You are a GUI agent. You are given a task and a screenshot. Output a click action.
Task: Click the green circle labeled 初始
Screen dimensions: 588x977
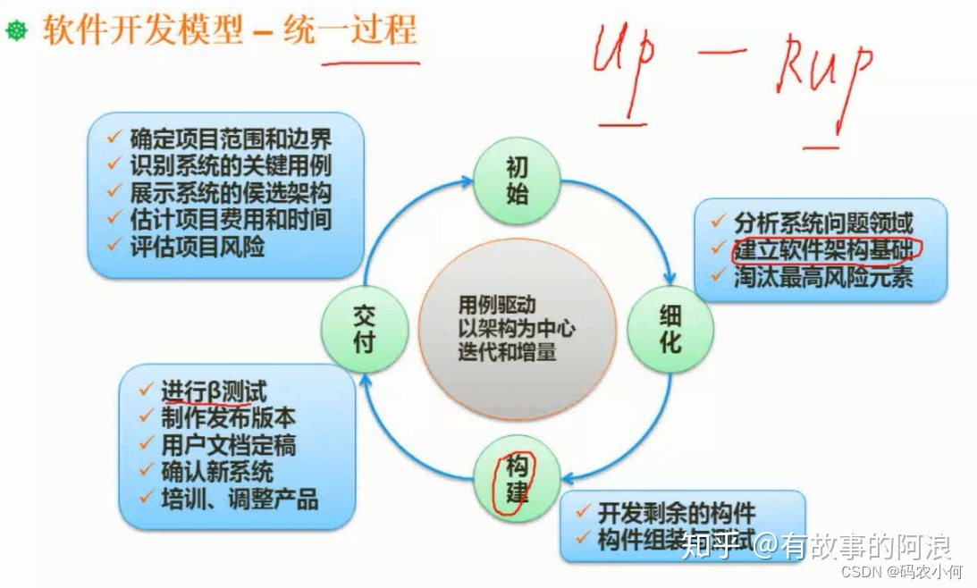517,181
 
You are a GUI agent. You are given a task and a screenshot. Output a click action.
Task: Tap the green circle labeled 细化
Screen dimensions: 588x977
670,328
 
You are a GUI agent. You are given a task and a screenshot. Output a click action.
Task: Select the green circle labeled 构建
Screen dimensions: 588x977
517,479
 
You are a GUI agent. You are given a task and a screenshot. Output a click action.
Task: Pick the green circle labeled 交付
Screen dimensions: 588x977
364,328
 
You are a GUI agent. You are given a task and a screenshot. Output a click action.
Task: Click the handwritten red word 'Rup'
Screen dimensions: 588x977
822,71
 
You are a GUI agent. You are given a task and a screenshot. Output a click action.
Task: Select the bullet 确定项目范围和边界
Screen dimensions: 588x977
230,139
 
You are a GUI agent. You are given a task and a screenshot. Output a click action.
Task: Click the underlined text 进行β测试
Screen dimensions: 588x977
215,391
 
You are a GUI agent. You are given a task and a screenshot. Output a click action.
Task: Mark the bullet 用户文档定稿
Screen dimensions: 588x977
228,444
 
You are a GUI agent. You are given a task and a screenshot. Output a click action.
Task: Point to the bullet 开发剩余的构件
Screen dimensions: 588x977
677,513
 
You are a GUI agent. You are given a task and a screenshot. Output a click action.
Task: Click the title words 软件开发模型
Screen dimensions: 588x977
142,31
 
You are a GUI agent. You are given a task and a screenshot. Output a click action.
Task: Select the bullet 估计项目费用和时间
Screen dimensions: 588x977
230,218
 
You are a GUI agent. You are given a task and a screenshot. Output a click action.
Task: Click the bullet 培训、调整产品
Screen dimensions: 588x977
240,499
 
